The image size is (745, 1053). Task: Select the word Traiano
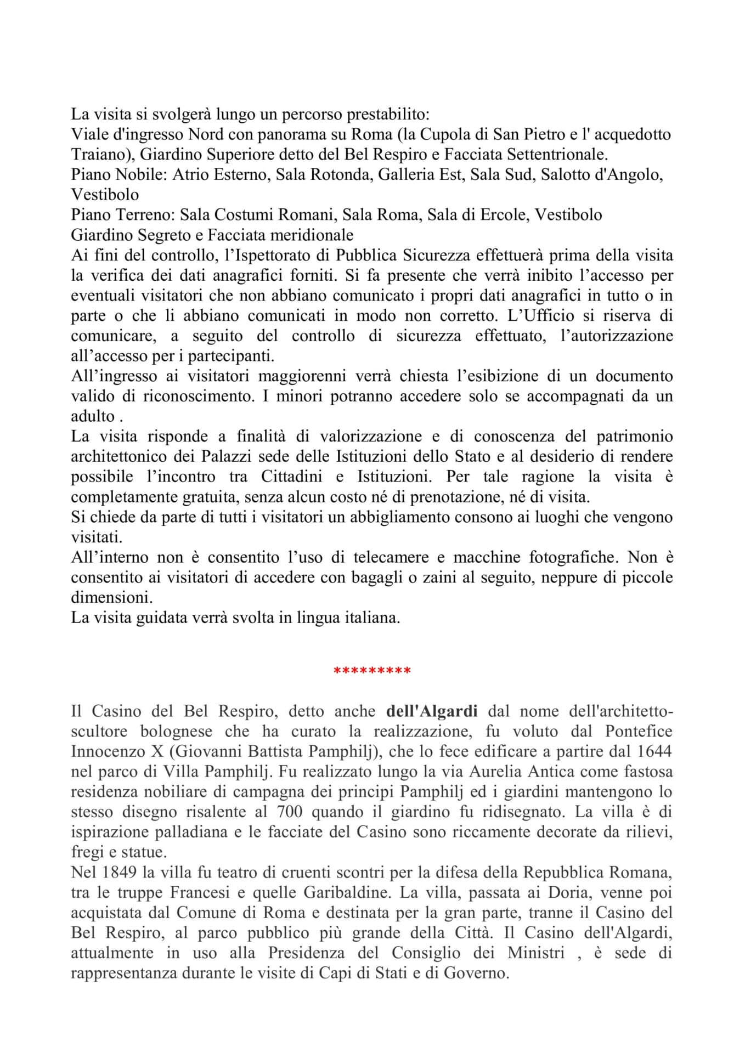[93, 154]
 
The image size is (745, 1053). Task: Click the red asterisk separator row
[372, 671]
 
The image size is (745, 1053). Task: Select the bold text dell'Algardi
[432, 712]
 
